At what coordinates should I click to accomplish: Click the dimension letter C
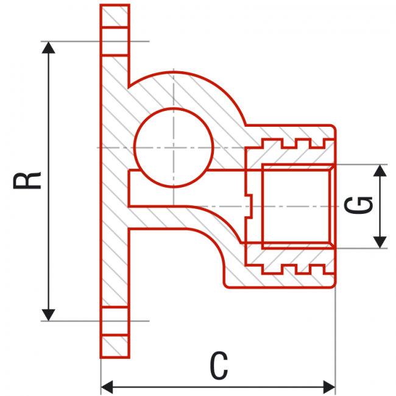click(x=219, y=366)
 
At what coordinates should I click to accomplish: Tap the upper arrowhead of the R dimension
click(x=48, y=49)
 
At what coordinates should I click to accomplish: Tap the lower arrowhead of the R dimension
click(x=48, y=313)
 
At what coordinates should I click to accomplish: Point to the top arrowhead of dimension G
click(x=380, y=171)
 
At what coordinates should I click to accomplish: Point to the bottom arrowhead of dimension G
click(x=380, y=241)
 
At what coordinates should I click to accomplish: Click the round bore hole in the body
click(x=174, y=148)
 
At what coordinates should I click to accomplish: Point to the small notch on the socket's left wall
click(x=247, y=206)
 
